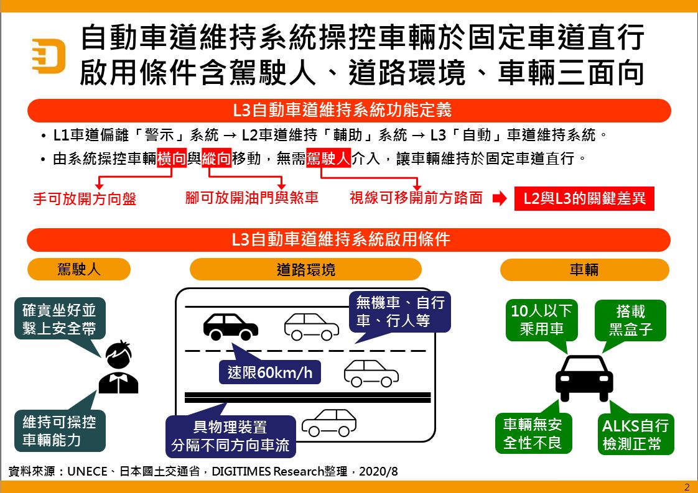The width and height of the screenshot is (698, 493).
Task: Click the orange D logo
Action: [49, 55]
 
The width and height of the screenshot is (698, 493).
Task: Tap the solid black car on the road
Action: [230, 326]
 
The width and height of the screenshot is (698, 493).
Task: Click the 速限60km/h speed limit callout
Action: [269, 372]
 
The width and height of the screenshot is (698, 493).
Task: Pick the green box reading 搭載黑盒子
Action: [631, 320]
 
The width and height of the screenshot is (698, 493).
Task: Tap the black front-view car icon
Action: [584, 378]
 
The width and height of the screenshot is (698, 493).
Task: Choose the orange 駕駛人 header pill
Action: [79, 269]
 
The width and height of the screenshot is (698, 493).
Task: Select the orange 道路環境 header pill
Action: [305, 269]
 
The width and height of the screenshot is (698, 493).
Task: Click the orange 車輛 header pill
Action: [584, 269]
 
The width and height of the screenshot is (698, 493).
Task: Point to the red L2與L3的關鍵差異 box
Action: [584, 199]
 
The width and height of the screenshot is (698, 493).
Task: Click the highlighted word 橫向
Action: [172, 159]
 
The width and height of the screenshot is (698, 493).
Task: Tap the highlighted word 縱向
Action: [216, 159]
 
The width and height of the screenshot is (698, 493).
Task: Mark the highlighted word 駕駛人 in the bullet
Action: [329, 159]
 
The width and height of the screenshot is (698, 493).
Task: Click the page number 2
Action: [687, 487]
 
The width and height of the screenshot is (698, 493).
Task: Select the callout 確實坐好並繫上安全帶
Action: [59, 320]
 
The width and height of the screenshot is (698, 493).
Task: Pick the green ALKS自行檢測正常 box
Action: [635, 435]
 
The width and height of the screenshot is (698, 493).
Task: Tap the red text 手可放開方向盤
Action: [85, 199]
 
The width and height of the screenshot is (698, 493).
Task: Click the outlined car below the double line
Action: [329, 423]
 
